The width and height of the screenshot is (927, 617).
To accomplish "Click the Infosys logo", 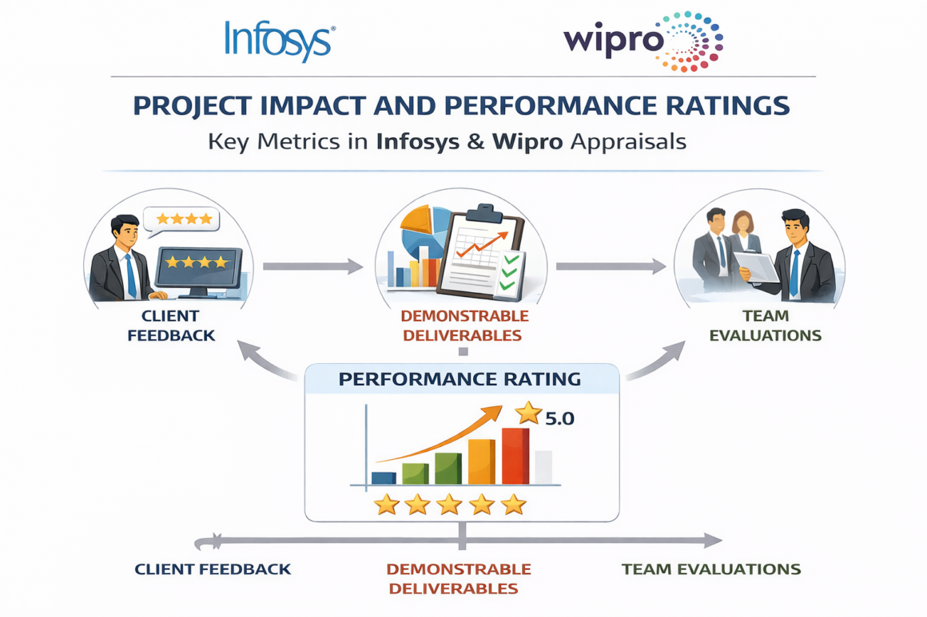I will [279, 41].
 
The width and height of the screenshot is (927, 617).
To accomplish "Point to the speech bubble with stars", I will [183, 220].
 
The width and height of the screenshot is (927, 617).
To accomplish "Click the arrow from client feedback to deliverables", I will [312, 267].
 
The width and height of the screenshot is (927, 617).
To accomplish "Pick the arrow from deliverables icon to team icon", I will [611, 267].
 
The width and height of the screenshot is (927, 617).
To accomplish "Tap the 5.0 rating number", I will [559, 417].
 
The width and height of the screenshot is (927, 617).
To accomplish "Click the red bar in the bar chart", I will [515, 456].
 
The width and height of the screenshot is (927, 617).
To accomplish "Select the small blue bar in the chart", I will [384, 477].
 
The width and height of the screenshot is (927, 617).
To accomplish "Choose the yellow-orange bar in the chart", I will [481, 461].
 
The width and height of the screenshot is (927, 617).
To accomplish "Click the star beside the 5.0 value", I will [528, 413].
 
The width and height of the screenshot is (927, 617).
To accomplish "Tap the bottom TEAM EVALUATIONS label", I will [710, 569].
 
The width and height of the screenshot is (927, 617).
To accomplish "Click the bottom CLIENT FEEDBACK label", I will [213, 569].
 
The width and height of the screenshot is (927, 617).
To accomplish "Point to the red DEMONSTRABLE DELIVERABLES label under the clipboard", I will [463, 326].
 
